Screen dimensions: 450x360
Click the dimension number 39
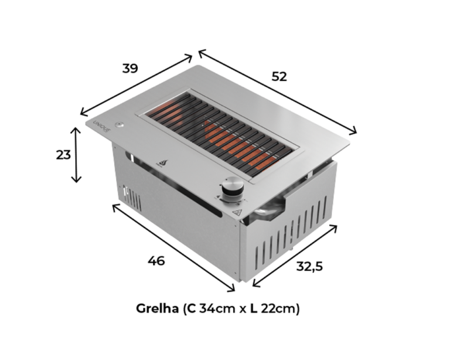pos(130,69)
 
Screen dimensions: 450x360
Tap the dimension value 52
pos(279,77)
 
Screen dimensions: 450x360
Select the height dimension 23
pos(63,155)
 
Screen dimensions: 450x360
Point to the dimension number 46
pos(156,261)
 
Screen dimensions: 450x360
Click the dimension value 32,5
pos(309,266)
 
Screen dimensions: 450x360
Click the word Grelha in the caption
pos(157,308)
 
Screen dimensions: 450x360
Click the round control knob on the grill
pos(233,186)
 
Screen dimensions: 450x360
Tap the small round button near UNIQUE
pos(119,125)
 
